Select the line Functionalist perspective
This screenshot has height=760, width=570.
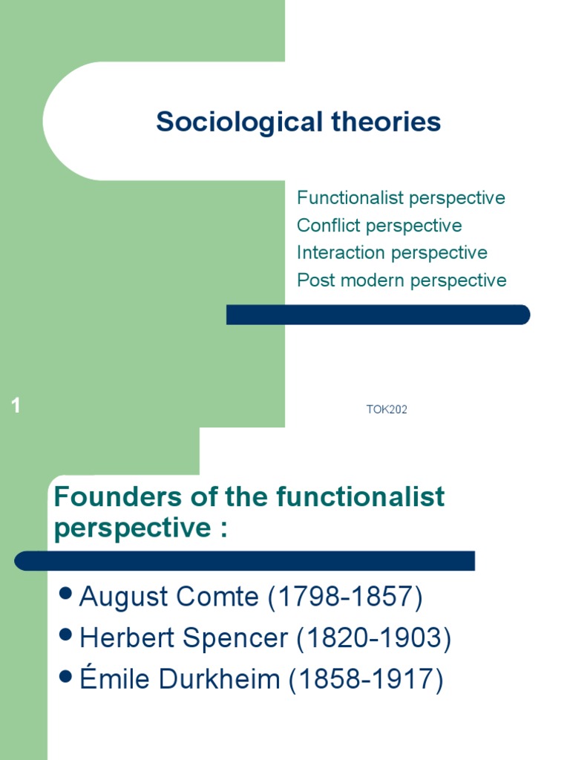[x=401, y=198]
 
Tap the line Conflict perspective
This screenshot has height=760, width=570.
[x=379, y=226]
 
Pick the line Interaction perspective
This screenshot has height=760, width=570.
[x=392, y=253]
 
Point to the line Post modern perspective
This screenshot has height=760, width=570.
[x=402, y=281]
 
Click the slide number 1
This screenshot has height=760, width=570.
[x=16, y=406]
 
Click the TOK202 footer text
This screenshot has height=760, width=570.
[x=387, y=409]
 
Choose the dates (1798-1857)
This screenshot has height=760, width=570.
[x=345, y=597]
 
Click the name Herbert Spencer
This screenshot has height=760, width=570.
[x=183, y=638]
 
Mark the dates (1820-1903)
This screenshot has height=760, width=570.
[x=373, y=638]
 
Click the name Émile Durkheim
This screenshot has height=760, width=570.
[x=179, y=680]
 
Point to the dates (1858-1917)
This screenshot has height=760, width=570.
[x=366, y=680]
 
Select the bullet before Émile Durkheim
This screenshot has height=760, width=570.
[x=65, y=676]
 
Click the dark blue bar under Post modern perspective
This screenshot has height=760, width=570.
[x=378, y=315]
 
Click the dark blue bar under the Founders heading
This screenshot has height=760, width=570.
[x=245, y=561]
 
